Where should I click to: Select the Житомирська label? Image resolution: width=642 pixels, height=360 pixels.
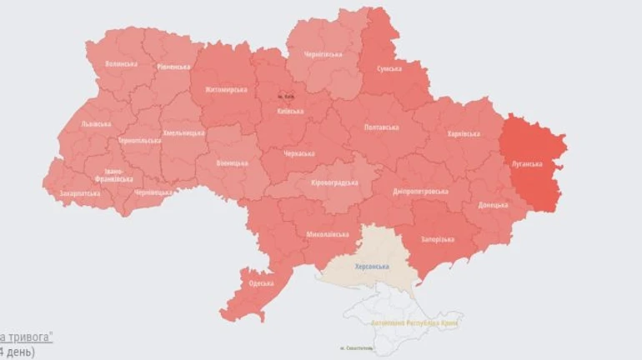[x=220, y=89]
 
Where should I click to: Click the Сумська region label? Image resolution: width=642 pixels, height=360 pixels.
[x=389, y=68]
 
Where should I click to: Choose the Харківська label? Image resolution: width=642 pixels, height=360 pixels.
[x=464, y=133]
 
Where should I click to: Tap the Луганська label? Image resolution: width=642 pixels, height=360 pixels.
[x=527, y=164]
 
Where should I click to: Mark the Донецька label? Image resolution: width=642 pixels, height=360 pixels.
[x=493, y=205]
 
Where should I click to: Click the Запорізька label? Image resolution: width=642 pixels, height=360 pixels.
[x=438, y=239]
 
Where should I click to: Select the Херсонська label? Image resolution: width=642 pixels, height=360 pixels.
[x=372, y=267]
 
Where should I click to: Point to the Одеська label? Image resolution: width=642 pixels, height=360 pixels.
[x=261, y=283]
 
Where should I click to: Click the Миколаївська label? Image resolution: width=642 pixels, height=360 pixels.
[x=327, y=235]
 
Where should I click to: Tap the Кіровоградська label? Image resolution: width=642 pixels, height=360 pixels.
[x=334, y=182]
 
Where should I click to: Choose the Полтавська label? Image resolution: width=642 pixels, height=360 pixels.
[x=381, y=127]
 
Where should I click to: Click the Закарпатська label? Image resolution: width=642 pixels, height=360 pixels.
[x=80, y=193]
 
